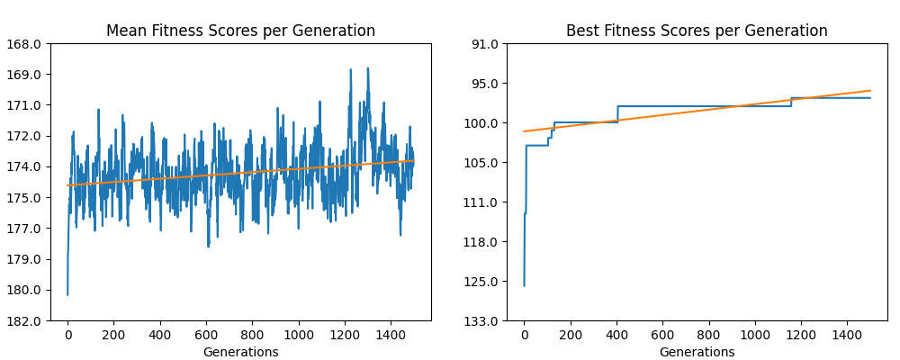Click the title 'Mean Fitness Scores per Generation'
point(240,31)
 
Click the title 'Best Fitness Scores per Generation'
point(697,31)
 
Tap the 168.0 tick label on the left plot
point(27,43)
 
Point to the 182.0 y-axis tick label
point(27,320)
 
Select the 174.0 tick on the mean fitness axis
point(27,166)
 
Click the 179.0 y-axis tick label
point(27,259)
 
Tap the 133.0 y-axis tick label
point(483,320)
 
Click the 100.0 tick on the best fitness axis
point(483,123)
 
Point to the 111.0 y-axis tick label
point(483,202)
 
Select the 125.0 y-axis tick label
point(483,282)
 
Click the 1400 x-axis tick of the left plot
point(391,335)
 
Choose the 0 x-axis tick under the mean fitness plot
point(67,335)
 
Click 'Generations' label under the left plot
point(240,352)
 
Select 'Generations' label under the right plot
point(697,352)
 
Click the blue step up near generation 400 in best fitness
point(617,113)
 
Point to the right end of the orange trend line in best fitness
point(870,90)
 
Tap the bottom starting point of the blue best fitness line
point(524,285)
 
